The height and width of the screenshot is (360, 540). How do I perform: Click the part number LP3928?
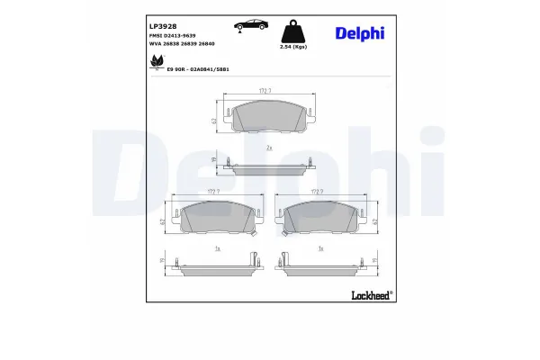pyautogui.click(x=161, y=27)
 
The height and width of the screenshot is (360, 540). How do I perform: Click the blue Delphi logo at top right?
pyautogui.click(x=359, y=32)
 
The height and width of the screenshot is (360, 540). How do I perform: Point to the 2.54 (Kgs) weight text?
pyautogui.click(x=293, y=46)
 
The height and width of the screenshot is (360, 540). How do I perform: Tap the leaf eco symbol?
pyautogui.click(x=155, y=62)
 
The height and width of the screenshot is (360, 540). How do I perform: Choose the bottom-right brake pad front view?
pyautogui.click(x=322, y=219)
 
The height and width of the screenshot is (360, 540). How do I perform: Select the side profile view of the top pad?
pyautogui.click(x=270, y=165)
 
